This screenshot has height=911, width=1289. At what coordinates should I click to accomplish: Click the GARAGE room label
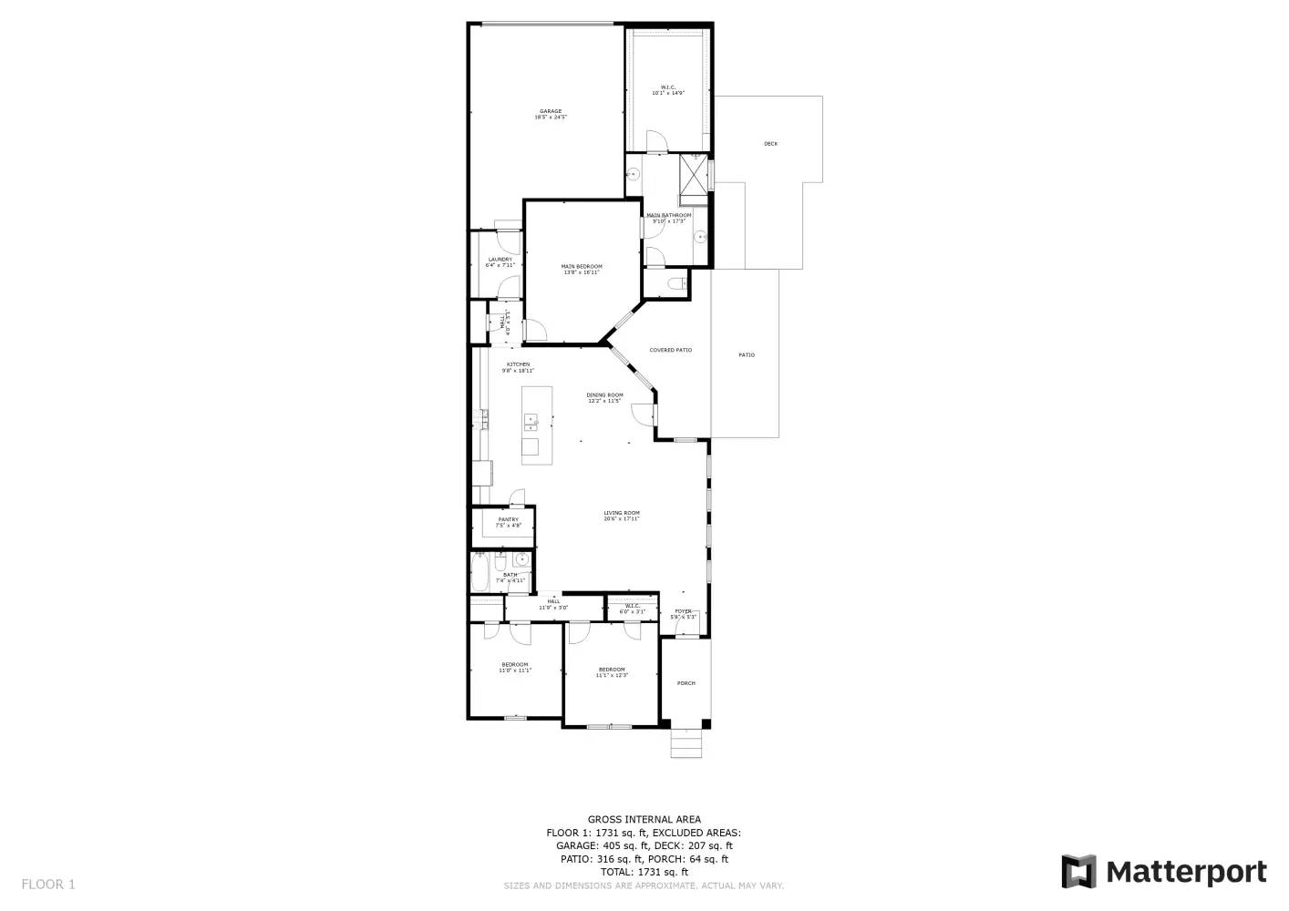click(550, 112)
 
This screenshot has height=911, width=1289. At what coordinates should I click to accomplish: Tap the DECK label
click(770, 144)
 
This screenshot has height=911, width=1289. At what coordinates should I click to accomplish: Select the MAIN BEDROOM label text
click(582, 267)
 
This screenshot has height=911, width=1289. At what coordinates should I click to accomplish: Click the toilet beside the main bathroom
click(675, 285)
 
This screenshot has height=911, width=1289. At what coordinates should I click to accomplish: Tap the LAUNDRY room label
click(500, 260)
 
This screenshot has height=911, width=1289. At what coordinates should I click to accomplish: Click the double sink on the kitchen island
click(531, 422)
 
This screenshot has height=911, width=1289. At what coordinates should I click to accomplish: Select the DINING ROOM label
click(604, 395)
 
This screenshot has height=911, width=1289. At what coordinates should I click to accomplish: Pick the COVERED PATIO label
click(670, 350)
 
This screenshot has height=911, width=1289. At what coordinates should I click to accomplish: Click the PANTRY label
click(508, 520)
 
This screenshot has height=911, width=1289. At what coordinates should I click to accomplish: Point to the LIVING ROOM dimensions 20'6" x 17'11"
click(622, 519)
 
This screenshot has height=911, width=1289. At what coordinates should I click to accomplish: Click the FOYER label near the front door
click(683, 611)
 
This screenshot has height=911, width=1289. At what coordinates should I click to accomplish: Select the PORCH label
click(686, 683)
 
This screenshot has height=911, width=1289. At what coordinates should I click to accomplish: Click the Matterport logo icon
click(1079, 872)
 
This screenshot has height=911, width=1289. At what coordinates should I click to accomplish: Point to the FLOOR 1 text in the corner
click(48, 884)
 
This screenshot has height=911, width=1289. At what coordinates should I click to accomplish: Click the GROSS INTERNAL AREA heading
click(644, 820)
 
